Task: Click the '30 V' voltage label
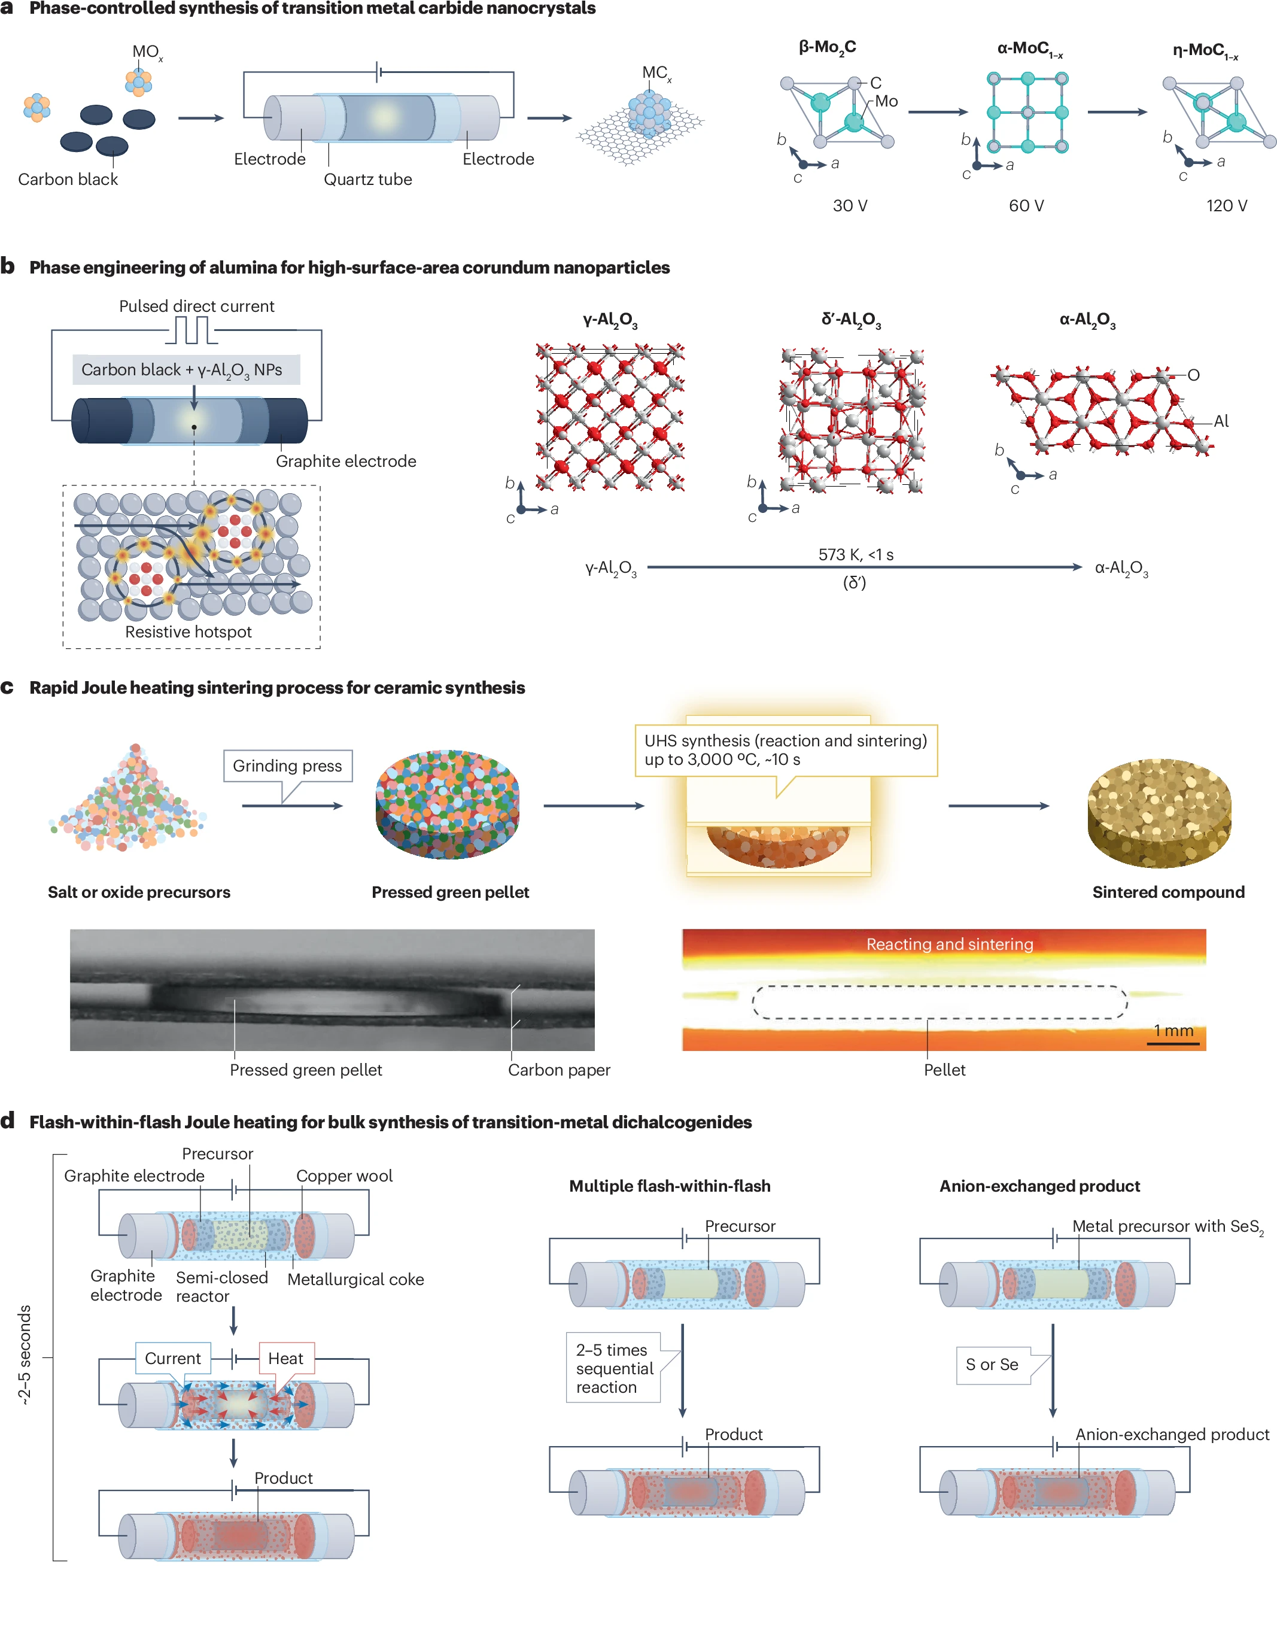(850, 205)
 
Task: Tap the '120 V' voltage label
(1226, 205)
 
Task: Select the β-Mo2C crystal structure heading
(828, 48)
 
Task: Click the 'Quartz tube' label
(367, 179)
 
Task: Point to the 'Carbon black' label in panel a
(68, 179)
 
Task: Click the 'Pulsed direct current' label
(196, 306)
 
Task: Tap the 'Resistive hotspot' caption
(188, 632)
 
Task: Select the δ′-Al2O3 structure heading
(852, 320)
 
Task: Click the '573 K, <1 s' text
(856, 555)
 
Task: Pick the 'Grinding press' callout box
(288, 766)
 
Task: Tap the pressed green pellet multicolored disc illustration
(448, 803)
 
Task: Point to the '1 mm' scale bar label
(1173, 1031)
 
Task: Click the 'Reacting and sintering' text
(950, 944)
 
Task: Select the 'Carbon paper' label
(559, 1070)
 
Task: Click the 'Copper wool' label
(344, 1176)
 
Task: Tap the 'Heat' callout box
(286, 1358)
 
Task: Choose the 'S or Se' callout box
(992, 1365)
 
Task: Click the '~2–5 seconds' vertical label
(25, 1354)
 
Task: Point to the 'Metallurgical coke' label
(356, 1280)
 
